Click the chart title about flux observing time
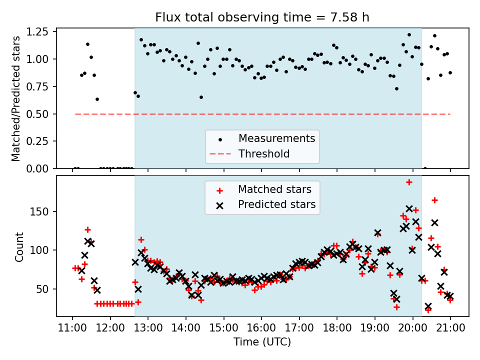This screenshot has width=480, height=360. pyautogui.click(x=262, y=17)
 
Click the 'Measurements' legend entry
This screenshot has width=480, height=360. pyautogui.click(x=276, y=138)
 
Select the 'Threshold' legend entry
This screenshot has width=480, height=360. pyautogui.click(x=264, y=153)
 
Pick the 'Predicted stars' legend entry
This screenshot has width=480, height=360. pyautogui.click(x=276, y=204)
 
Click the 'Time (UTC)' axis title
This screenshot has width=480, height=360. pyautogui.click(x=262, y=342)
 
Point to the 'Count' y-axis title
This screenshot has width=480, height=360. pyautogui.click(x=19, y=246)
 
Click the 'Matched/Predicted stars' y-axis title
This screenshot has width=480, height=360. pyautogui.click(x=16, y=98)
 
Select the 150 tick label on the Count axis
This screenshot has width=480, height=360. pyautogui.click(x=42, y=211)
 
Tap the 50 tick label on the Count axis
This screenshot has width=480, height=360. pyautogui.click(x=44, y=289)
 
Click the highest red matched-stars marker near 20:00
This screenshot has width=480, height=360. pyautogui.click(x=409, y=182)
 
